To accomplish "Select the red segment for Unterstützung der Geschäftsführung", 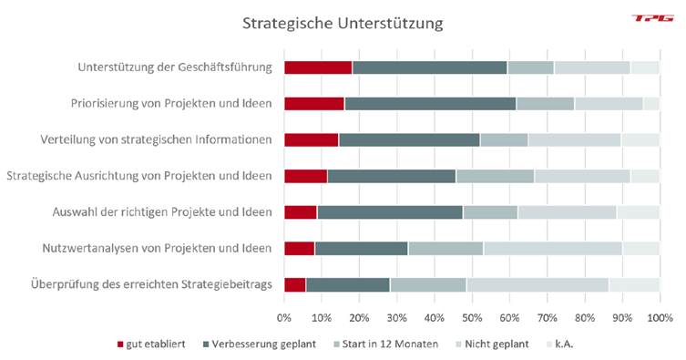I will point(318,67).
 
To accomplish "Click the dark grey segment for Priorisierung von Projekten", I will point(430,103).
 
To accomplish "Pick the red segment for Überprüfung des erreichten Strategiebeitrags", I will point(295,284).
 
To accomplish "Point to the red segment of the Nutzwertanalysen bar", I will point(299,248).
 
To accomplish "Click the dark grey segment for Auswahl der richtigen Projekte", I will point(390,212).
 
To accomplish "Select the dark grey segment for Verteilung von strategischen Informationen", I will point(409,139).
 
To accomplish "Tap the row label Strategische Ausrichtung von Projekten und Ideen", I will point(139,176).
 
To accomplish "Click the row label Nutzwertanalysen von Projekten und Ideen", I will point(157,248).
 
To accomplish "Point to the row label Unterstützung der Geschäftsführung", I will point(176,67).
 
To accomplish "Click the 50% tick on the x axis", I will point(472,318).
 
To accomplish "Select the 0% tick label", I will point(284,318).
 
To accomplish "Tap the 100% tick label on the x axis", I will point(660,318).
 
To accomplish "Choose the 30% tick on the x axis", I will point(396,318).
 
